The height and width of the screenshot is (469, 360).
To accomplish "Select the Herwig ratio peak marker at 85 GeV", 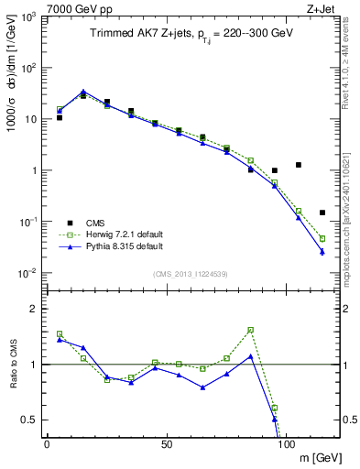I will coord(251,330).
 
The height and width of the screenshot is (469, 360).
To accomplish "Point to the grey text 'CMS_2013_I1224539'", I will coord(191,274).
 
